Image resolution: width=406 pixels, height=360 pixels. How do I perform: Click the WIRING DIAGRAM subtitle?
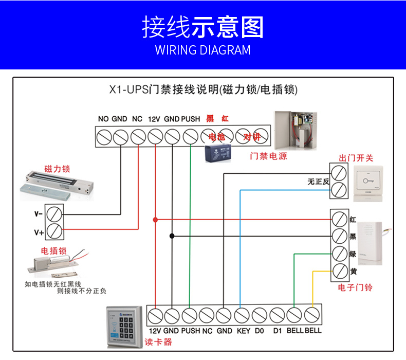pos(202,50)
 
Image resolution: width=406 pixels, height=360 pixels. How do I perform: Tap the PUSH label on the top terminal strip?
pos(191,119)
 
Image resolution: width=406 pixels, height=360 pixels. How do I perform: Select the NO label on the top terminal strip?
pos(103,119)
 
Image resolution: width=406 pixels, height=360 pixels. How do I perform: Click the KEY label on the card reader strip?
pos(244,331)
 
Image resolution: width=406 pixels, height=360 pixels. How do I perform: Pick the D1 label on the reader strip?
pos(278,331)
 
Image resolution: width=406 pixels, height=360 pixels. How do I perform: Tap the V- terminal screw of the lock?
pos(54,212)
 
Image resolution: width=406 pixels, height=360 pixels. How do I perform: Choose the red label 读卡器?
pos(158,342)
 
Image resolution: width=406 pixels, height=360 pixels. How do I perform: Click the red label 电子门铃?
pos(355,287)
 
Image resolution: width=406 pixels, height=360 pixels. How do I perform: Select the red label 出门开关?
pos(356,157)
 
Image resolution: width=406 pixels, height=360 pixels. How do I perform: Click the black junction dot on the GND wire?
pos(172,236)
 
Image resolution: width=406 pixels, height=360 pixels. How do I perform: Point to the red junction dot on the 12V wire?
pos(155,220)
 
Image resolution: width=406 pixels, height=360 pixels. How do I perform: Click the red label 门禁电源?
pos(268,156)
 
